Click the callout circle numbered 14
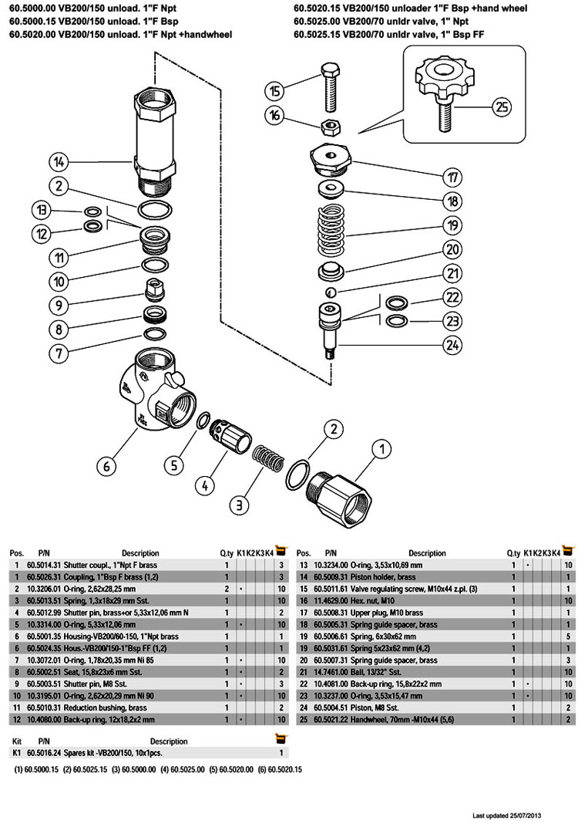click(x=60, y=162)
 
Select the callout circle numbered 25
click(x=501, y=108)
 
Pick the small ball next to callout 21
click(x=330, y=292)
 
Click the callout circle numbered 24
click(x=452, y=346)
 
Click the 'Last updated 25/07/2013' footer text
click(x=523, y=815)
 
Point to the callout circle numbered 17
click(x=452, y=177)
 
